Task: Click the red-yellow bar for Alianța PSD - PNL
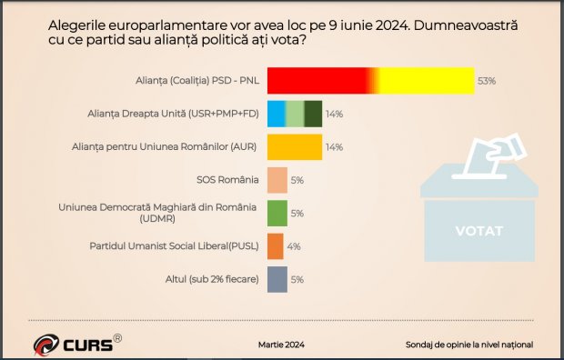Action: click(370, 81)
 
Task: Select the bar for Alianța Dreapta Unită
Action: click(295, 114)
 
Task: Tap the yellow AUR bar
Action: click(295, 146)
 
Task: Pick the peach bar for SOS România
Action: click(277, 180)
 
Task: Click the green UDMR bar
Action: click(277, 213)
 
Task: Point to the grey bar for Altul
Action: click(277, 279)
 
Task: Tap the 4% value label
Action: click(294, 246)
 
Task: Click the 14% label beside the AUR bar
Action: click(334, 147)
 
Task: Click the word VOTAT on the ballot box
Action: click(478, 231)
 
